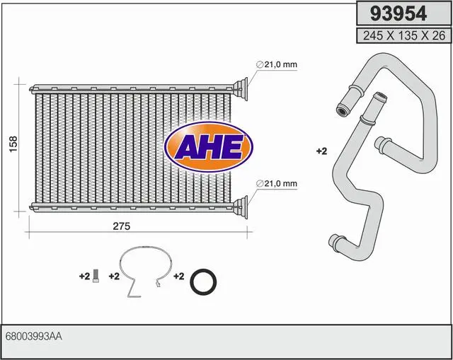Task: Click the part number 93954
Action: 398,13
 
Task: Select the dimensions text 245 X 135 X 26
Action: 404,35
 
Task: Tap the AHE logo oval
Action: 209,147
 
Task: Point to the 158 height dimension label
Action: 13,144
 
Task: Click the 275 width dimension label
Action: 122,226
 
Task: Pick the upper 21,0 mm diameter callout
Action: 277,64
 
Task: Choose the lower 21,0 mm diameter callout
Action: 277,183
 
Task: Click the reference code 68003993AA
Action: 33,337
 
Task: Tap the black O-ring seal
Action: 203,281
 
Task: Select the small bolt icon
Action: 96,276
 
